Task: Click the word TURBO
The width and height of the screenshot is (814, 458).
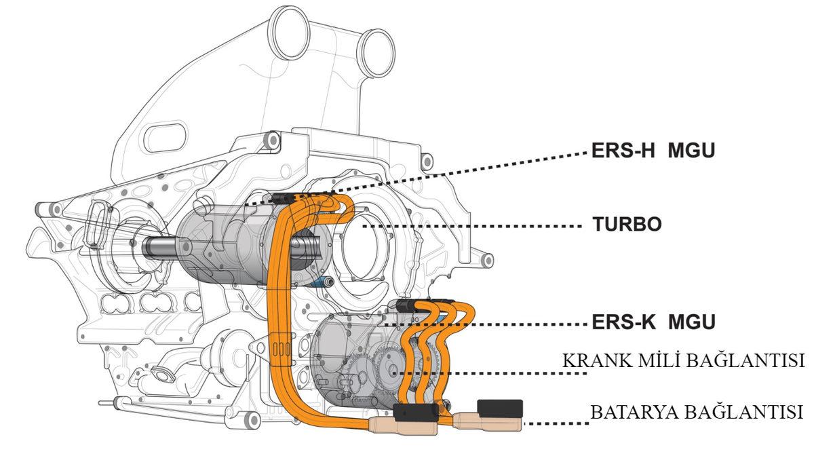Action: click(627, 225)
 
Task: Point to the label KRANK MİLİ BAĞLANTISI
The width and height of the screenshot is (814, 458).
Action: click(683, 361)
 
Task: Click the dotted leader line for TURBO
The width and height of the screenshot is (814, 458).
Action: click(475, 225)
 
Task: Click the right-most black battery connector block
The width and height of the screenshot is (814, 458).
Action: click(500, 408)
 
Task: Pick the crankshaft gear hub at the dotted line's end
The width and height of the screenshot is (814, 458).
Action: click(391, 372)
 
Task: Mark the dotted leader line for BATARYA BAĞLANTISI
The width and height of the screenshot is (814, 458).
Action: click(556, 424)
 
